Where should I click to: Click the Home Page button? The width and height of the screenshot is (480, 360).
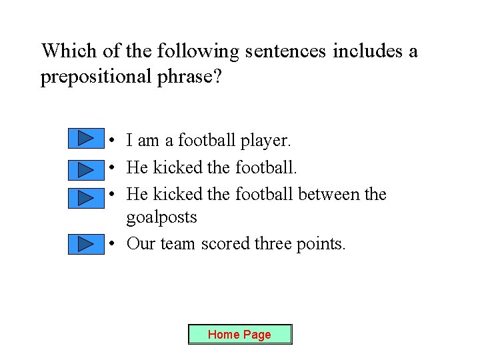[x=240, y=334]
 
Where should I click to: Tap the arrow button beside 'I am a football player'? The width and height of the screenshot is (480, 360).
[x=86, y=139]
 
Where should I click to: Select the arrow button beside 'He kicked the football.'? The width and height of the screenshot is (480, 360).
[x=86, y=169]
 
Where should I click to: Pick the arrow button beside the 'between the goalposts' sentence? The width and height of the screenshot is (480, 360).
[x=86, y=197]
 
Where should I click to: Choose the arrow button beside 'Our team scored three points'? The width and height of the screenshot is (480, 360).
[x=86, y=244]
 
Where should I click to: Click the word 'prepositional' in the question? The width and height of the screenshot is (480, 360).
[x=95, y=77]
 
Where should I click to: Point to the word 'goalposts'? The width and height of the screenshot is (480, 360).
[x=161, y=217]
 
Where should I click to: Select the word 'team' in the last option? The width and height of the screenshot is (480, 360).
[x=177, y=244]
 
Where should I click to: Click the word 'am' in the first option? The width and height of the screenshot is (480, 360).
[x=148, y=141]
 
